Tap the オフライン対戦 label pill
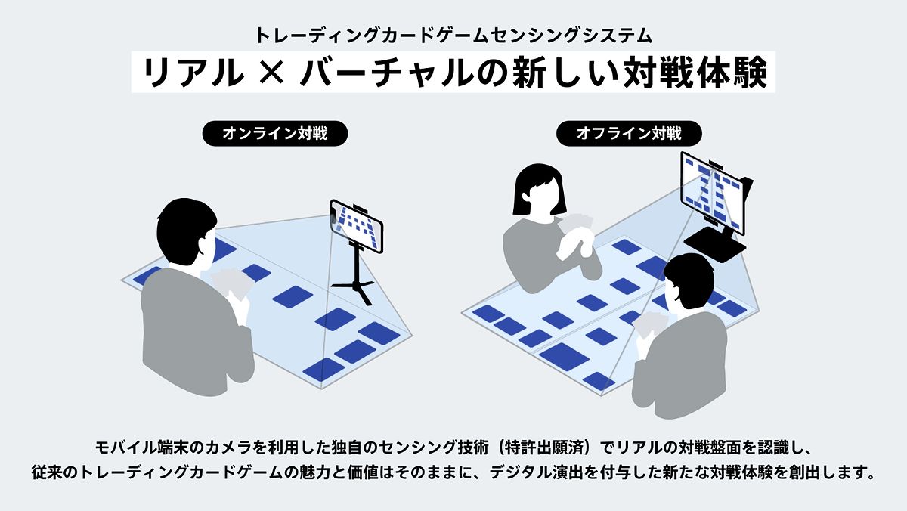point(629,134)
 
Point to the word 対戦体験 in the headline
point(704,74)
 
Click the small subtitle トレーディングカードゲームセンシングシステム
point(453,35)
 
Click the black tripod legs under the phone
point(354,283)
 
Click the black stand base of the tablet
point(715,242)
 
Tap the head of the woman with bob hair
point(539,190)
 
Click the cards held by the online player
point(231,281)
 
